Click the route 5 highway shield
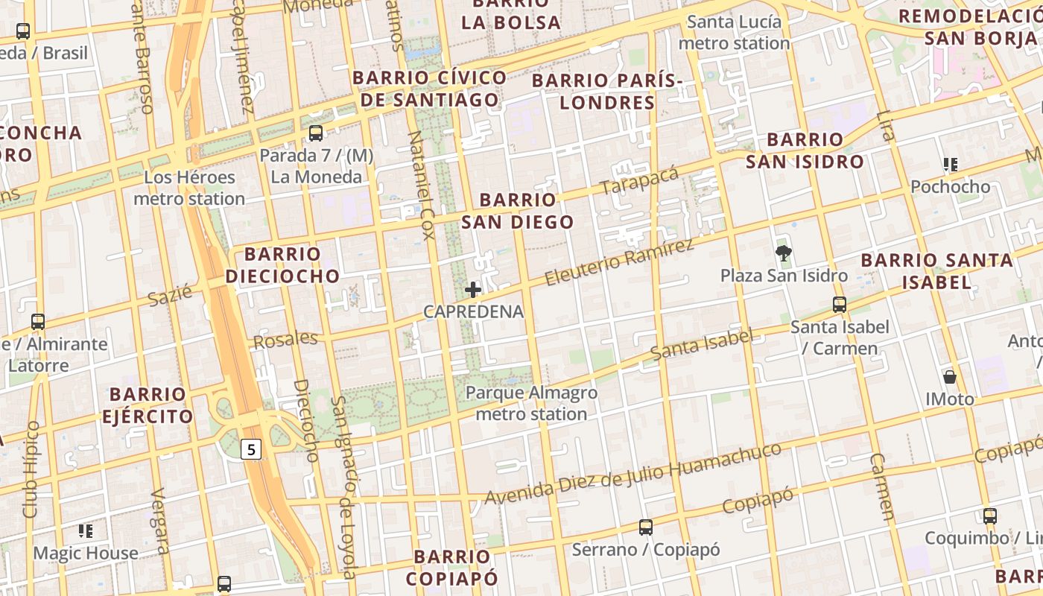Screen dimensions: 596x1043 coord(252,449)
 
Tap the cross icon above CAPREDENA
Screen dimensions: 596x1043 coord(473,289)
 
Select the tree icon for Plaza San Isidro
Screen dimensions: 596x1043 coord(783,253)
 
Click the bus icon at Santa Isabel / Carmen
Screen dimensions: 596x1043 coord(840,304)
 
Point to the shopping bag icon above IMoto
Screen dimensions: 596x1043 coord(949,376)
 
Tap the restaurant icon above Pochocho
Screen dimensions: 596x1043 coord(950,164)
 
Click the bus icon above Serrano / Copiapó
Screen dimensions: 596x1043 coord(646,527)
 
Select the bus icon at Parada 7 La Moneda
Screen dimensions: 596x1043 coord(316,133)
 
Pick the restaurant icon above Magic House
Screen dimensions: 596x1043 coord(86,530)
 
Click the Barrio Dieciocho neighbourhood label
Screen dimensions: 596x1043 coord(282,265)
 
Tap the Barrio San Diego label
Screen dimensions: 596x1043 coord(518,211)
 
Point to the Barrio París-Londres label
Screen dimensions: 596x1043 coord(606,91)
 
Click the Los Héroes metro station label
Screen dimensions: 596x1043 coord(189,188)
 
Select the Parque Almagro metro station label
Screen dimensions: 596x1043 coord(531,403)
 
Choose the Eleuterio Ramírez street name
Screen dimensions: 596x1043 coord(618,262)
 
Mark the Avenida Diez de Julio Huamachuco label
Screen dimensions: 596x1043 coord(633,472)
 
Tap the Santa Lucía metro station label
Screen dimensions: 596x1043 coord(734,32)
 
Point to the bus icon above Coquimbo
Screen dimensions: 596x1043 coord(989,516)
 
